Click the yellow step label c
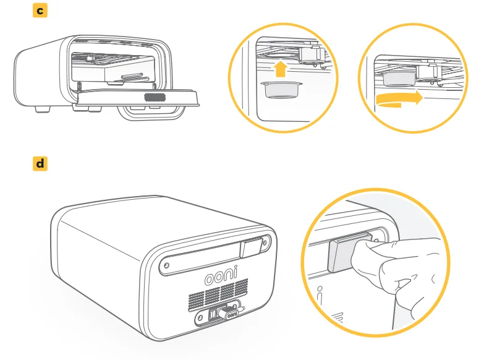[40, 10]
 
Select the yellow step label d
[40, 164]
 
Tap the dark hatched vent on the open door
[155, 97]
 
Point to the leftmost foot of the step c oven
[43, 109]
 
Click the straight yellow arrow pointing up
[281, 69]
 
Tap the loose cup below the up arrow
[281, 90]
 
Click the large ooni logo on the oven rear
[221, 275]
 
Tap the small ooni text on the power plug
[232, 315]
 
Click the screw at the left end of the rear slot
[167, 265]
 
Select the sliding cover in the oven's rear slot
[252, 247]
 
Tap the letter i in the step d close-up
[320, 296]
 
